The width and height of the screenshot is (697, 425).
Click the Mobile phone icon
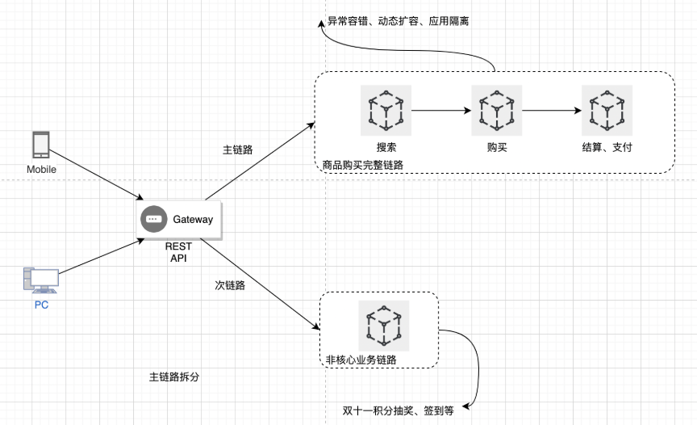(x=41, y=145)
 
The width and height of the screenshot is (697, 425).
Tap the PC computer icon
(x=41, y=280)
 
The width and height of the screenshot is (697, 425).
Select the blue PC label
(x=41, y=305)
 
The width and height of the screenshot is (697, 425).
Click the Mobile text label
(x=41, y=170)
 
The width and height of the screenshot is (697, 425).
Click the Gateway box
(x=179, y=219)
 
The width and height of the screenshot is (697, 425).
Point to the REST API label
(x=177, y=252)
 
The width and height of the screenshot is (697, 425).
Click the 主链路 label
(x=238, y=150)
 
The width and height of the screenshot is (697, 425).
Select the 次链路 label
(x=230, y=285)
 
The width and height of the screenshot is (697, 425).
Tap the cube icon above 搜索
(x=386, y=110)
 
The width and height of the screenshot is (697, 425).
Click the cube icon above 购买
(x=496, y=110)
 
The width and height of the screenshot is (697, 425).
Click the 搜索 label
(x=386, y=148)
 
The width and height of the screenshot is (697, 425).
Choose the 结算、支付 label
(x=607, y=148)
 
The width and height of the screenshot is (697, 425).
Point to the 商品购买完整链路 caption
(x=362, y=165)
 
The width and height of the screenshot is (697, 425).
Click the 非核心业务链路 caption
(x=361, y=360)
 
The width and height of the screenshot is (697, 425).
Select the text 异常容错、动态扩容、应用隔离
(x=397, y=21)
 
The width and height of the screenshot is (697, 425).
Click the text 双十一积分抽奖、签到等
(x=399, y=410)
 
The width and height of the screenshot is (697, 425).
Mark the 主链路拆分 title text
(x=173, y=377)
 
